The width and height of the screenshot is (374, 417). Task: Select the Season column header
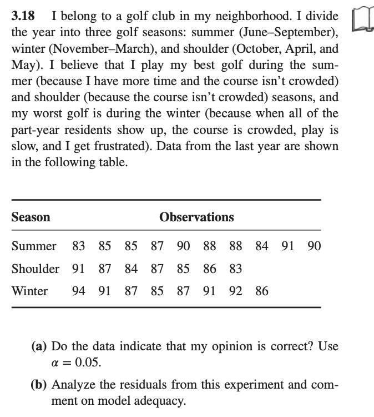31,217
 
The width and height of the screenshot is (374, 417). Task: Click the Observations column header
196,217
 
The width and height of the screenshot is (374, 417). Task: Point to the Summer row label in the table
34,246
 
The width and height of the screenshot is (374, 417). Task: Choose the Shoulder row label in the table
36,269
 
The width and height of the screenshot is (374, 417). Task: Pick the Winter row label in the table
30,291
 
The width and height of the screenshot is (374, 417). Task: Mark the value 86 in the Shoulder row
210,269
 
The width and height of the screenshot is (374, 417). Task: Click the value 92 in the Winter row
236,291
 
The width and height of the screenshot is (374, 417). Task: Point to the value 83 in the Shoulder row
236,269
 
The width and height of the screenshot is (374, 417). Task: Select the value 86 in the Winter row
262,291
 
